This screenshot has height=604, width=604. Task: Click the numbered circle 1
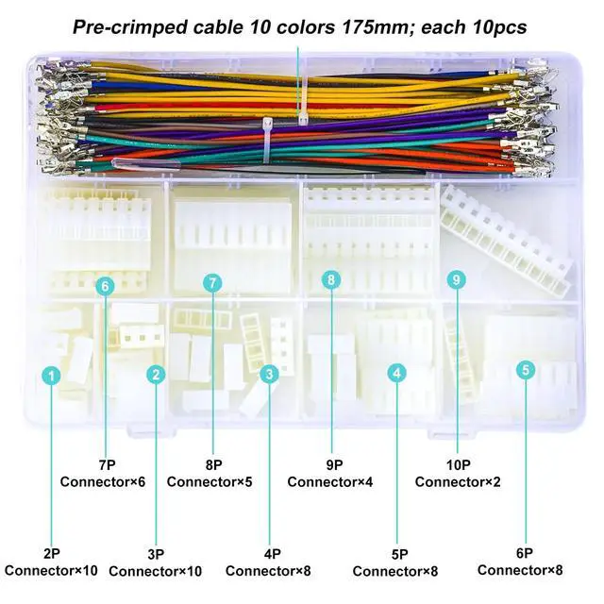pos(52,375)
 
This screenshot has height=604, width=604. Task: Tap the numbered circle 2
pos(156,375)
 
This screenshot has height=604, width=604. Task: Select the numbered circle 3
pos(269,375)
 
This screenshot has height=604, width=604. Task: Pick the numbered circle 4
pos(397,374)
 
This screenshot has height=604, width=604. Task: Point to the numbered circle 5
pos(526,370)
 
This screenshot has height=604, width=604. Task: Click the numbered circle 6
pos(105,285)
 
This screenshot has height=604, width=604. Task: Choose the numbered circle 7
pos(213,282)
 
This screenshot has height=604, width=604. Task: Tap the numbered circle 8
pos(330,279)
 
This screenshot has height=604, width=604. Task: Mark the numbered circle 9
pos(457,279)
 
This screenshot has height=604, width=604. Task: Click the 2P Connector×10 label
pos(51,562)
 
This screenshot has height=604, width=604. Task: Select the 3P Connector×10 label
pos(156,562)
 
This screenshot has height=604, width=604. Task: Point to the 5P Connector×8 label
pos(395,562)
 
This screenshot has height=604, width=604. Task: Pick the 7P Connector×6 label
pos(103,472)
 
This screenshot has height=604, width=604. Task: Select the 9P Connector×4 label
pos(330,472)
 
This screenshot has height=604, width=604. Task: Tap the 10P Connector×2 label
pos(458,472)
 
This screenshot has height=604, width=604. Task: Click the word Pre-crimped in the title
pos(129,26)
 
